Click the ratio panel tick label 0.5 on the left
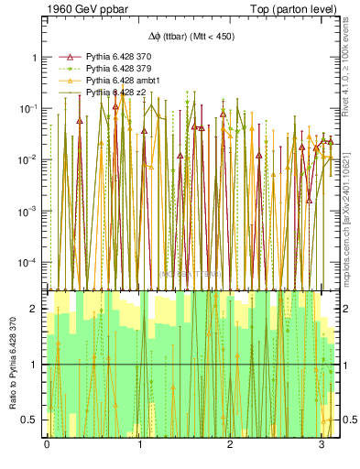[x=30, y=420]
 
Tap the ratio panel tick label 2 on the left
[x=34, y=309]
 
